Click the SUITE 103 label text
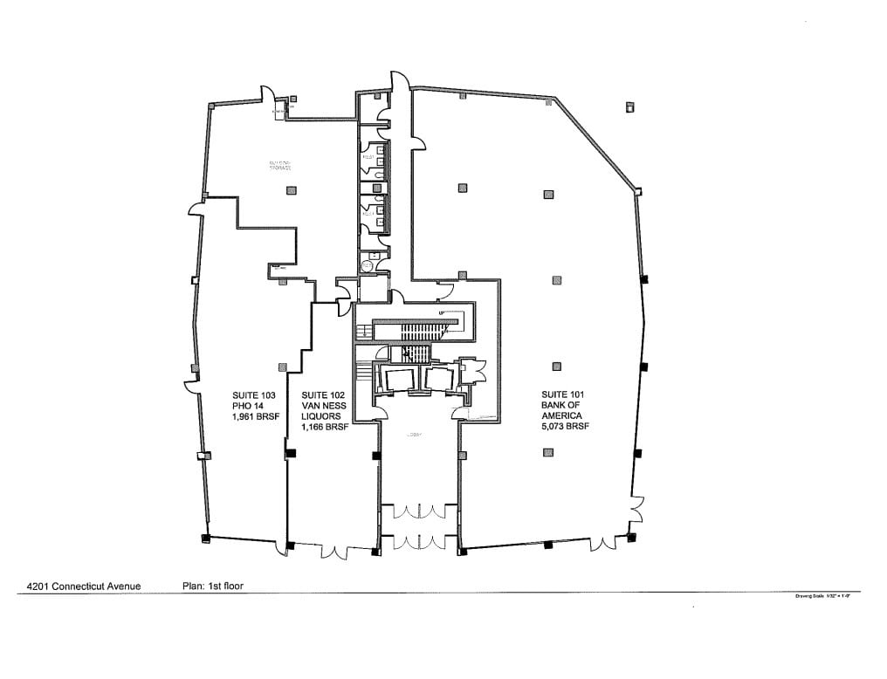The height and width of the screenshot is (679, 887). (252, 394)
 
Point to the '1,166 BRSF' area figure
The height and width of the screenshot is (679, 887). (325, 428)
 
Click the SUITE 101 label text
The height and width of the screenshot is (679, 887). (562, 394)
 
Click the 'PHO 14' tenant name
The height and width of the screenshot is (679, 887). (247, 406)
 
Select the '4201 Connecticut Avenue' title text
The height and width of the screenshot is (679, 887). (84, 586)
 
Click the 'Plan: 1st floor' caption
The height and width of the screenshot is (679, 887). (212, 586)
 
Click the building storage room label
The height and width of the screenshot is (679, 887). (279, 166)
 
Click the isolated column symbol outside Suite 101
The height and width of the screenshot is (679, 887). (629, 107)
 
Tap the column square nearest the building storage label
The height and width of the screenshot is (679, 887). (292, 190)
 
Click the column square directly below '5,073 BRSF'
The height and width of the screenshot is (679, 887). (547, 452)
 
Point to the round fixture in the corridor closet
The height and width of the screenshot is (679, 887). (368, 265)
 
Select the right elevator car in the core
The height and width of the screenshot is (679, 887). (437, 378)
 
